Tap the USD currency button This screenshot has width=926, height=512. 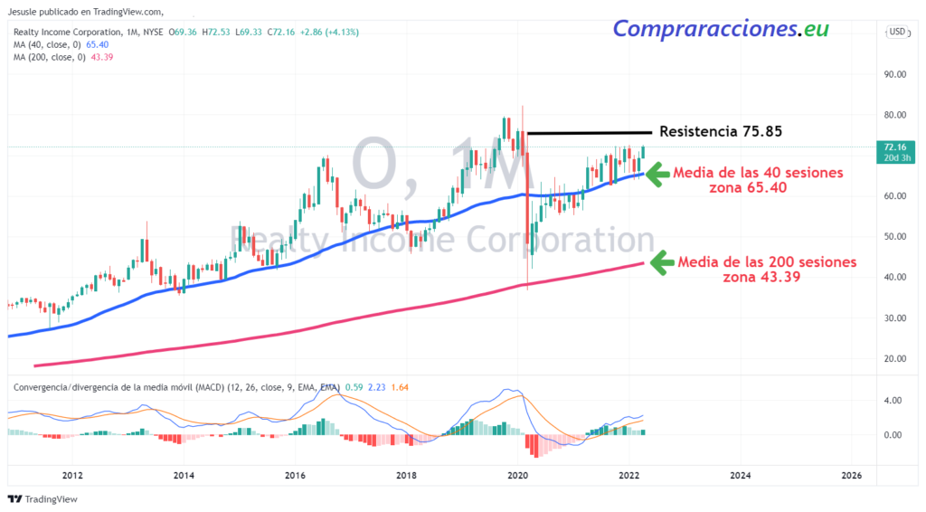click(897, 32)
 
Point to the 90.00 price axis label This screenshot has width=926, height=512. click(895, 74)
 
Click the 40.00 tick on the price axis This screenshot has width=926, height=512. click(895, 277)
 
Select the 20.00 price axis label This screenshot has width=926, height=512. click(895, 358)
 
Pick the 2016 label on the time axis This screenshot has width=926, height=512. click(295, 475)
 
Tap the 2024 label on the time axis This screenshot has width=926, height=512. click(740, 475)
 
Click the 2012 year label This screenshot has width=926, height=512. click(72, 475)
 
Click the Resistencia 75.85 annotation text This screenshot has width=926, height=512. click(720, 132)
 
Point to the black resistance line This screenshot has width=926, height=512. click(589, 134)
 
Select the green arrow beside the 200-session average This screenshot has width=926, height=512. click(661, 263)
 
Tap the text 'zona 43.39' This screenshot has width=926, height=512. click(761, 278)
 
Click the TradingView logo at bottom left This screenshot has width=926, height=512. click(43, 499)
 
